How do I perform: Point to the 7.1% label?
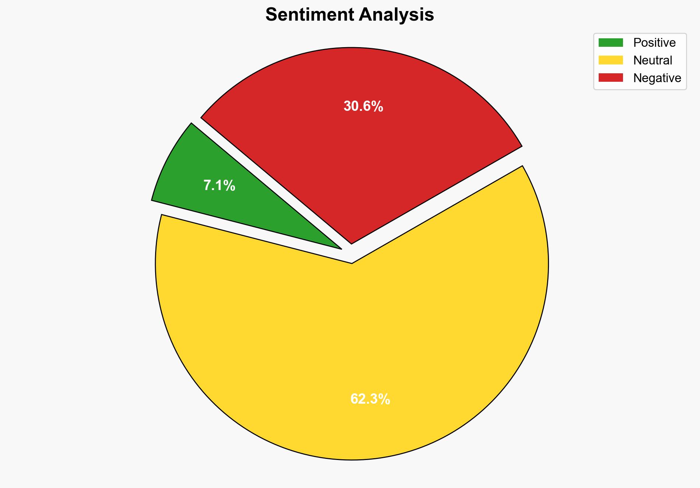click(x=219, y=186)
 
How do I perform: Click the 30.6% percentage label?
click(x=363, y=106)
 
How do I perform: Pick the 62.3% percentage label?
click(x=370, y=399)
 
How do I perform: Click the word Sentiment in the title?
click(x=309, y=15)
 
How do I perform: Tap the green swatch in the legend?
click(x=610, y=43)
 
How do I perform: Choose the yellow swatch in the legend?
click(x=610, y=60)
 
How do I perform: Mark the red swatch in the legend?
click(x=610, y=78)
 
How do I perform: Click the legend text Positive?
click(x=654, y=43)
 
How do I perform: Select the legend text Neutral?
click(x=652, y=60)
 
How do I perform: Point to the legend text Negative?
click(x=657, y=78)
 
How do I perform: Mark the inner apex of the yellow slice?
click(x=352, y=263)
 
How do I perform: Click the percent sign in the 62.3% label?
click(x=385, y=399)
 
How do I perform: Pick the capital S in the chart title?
click(x=271, y=15)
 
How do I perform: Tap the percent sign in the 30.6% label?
click(x=378, y=106)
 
